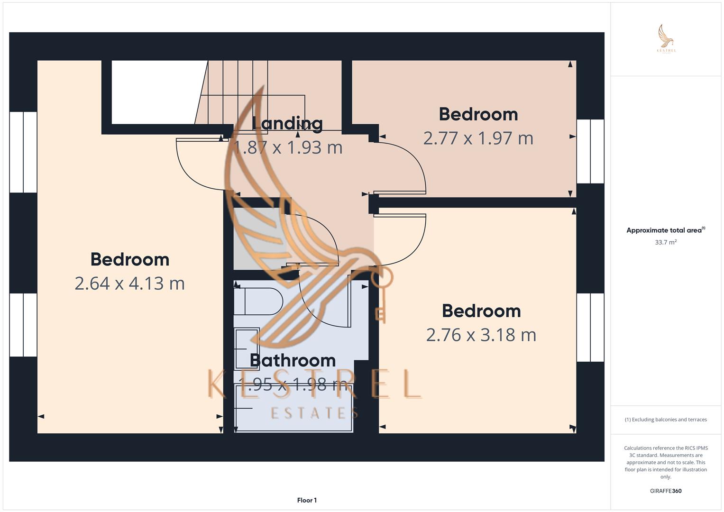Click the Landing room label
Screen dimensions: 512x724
[x=287, y=123]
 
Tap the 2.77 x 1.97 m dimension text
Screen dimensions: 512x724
[x=478, y=138]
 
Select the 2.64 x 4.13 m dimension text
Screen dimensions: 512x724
[x=129, y=283]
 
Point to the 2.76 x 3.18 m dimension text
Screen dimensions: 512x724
[x=481, y=335]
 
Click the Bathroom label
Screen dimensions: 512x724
[x=293, y=360]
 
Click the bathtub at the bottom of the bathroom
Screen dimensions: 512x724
[x=294, y=408]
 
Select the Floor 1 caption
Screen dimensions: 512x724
[x=307, y=500]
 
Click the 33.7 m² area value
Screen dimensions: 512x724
[x=666, y=242]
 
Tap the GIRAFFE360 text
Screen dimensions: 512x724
[x=666, y=491]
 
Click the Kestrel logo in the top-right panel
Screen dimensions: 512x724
[x=666, y=39]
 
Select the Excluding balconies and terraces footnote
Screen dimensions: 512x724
[x=666, y=420]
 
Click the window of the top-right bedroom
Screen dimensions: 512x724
[x=590, y=151]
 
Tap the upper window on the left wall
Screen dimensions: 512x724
[x=23, y=152]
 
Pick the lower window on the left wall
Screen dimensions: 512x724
[x=23, y=325]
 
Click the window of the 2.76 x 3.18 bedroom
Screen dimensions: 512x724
[x=590, y=327]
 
